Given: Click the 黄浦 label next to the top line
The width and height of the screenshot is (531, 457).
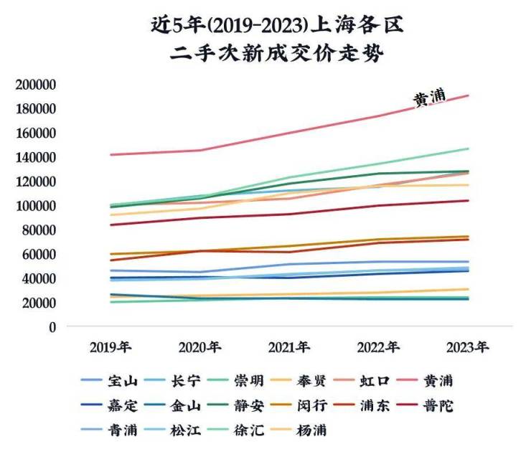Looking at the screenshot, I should [429, 99].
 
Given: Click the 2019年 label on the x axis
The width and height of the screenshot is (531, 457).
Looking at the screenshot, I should [110, 348].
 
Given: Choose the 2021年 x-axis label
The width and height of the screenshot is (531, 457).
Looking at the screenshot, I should [288, 348].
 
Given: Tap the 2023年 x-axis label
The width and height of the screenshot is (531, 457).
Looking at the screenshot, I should [467, 348].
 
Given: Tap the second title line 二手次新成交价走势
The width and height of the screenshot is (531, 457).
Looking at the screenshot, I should [265, 56].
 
